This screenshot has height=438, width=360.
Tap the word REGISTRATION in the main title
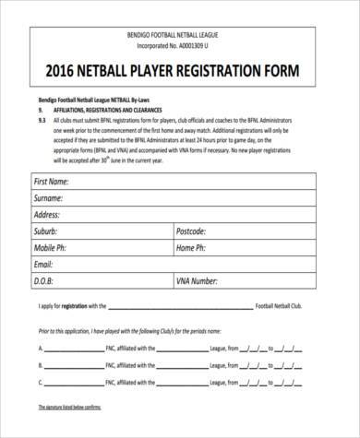229,72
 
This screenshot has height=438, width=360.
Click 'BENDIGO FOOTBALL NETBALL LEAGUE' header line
180,34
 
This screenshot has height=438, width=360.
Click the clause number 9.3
42,121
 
